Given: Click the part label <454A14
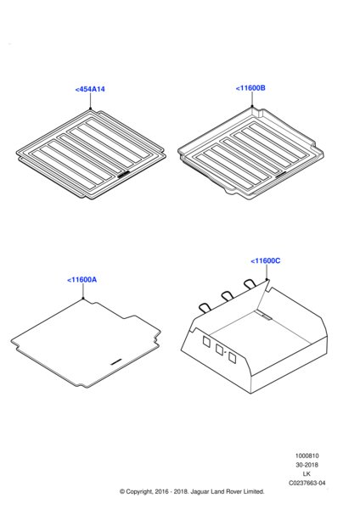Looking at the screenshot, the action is point(90,89).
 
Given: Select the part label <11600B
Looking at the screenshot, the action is point(250,88).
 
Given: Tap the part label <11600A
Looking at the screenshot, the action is point(82,280).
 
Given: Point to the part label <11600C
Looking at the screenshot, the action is point(266,261).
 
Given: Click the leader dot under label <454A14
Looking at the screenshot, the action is point(90,109).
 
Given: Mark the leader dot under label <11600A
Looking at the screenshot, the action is point(83,298).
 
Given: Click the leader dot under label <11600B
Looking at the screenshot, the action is point(252,106).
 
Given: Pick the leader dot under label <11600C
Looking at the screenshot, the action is point(267,279).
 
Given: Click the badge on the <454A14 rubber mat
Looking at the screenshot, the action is point(123,175).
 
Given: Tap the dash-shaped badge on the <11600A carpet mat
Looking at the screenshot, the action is point(116,361).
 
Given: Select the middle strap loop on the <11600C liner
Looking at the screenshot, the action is point(227,295).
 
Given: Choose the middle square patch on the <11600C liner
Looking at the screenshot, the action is point(219,350).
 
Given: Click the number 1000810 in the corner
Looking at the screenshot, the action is point(307,456).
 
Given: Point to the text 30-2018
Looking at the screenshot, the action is point(307,465).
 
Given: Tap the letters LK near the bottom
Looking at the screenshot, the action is point(307,474).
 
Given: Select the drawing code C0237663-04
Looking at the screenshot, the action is point(307,483).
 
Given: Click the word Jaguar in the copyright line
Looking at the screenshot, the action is point(200,492).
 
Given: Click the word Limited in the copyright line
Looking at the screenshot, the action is point(253,492).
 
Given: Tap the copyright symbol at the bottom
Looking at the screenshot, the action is point(122,492).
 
